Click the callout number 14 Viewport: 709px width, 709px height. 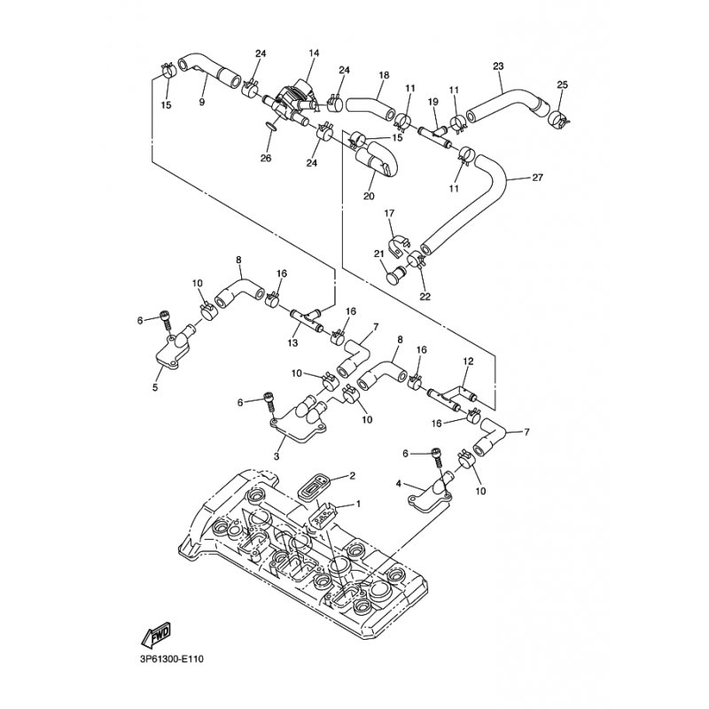coord(314,53)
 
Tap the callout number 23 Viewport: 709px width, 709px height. coord(498,66)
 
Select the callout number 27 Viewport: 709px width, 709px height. coord(537,178)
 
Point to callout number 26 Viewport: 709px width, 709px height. coord(266,159)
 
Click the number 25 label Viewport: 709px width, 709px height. coord(562,85)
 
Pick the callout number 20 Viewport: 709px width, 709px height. coord(369,196)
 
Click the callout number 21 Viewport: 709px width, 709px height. coord(378,253)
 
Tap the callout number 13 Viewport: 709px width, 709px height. coord(292,343)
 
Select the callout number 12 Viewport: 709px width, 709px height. coord(468,361)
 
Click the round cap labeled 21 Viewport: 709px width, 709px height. coord(394,275)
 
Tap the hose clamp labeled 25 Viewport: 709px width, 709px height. coord(557,117)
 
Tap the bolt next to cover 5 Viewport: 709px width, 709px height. coord(166,321)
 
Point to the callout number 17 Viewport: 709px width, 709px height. coord(389,213)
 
